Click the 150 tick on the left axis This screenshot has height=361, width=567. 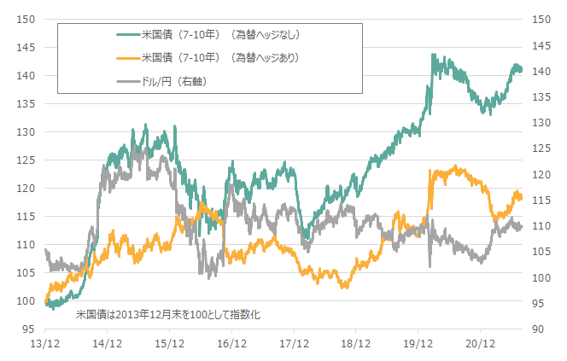pyautogui.click(x=26, y=19)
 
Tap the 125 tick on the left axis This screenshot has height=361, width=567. pyautogui.click(x=26, y=160)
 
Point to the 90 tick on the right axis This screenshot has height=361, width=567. pyautogui.click(x=538, y=329)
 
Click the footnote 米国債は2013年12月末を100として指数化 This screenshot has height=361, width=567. pyautogui.click(x=167, y=315)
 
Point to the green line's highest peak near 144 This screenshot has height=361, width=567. pyautogui.click(x=434, y=55)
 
